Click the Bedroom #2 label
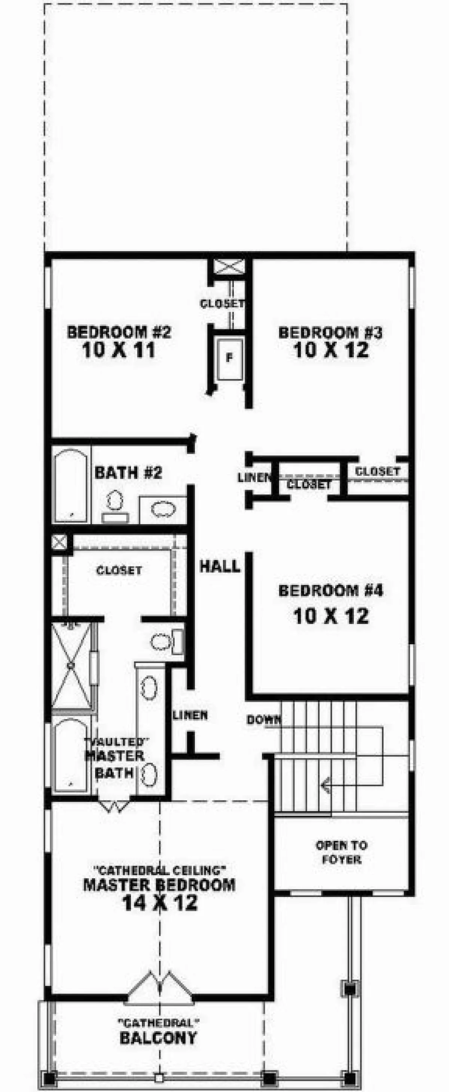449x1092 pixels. coord(119,332)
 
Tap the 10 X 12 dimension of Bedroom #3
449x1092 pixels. coord(331,350)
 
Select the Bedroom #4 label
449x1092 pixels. coord(331,590)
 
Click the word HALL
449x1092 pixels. coord(220,566)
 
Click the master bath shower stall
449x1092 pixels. coord(71,665)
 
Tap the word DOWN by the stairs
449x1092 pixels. coord(264,720)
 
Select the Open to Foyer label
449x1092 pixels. coord(341,852)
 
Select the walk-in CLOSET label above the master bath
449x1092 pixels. coord(119,570)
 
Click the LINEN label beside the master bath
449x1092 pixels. coord(190,715)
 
